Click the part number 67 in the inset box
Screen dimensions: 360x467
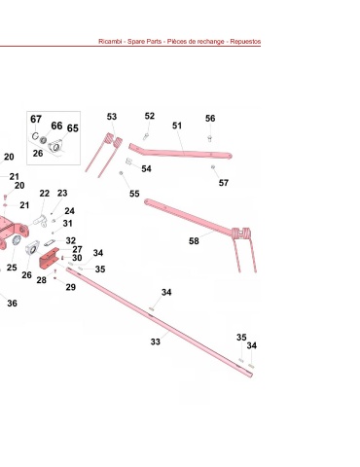tap(36, 119)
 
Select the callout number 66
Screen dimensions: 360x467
tap(56, 126)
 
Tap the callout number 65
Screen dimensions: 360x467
tap(73, 128)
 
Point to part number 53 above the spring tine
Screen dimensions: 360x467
tap(112, 117)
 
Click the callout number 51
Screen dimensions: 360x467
tap(177, 126)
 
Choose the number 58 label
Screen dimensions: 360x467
tap(194, 241)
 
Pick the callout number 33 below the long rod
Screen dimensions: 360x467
tap(156, 341)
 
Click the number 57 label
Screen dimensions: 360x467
tap(224, 183)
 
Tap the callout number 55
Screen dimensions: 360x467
tap(134, 194)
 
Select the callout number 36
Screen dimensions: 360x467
tap(12, 304)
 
